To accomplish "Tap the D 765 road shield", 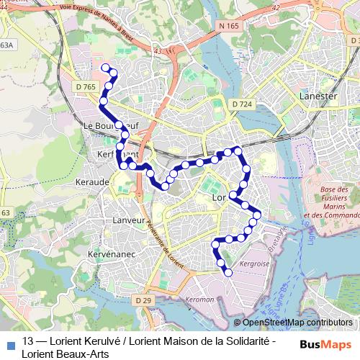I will click(85, 87).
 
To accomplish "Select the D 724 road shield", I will click(242, 104).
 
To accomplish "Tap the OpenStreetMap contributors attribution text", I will click(297, 322).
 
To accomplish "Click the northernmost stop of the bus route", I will click(106, 68).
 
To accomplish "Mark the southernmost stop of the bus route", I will click(228, 272).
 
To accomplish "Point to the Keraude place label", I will click(91, 182).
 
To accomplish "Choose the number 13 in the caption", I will click(28, 341).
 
